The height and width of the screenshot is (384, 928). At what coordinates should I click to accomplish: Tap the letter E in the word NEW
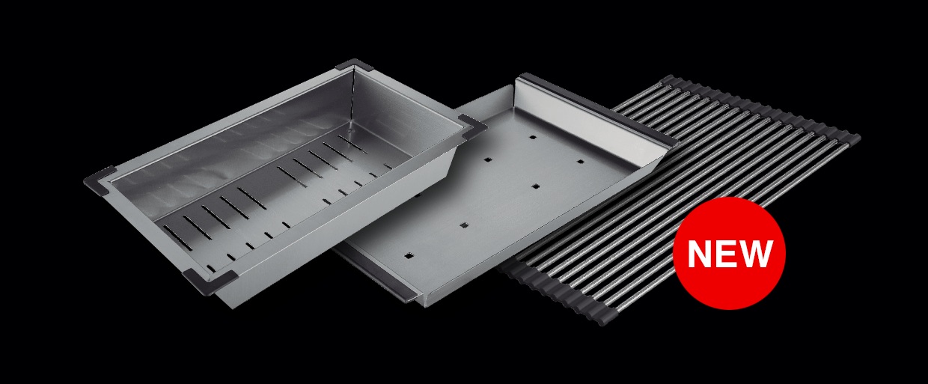pyautogui.click(x=727, y=254)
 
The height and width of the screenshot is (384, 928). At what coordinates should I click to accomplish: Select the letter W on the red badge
pyautogui.click(x=757, y=254)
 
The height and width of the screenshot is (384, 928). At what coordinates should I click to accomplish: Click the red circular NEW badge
pyautogui.click(x=729, y=253)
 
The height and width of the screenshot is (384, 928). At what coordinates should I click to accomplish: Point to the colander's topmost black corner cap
pyautogui.click(x=355, y=64)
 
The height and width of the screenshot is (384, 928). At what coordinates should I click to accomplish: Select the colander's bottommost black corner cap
pyautogui.click(x=210, y=281)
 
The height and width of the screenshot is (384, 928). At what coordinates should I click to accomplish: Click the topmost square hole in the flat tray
pyautogui.click(x=533, y=137)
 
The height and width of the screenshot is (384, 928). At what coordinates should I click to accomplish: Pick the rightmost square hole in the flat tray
pyautogui.click(x=581, y=162)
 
